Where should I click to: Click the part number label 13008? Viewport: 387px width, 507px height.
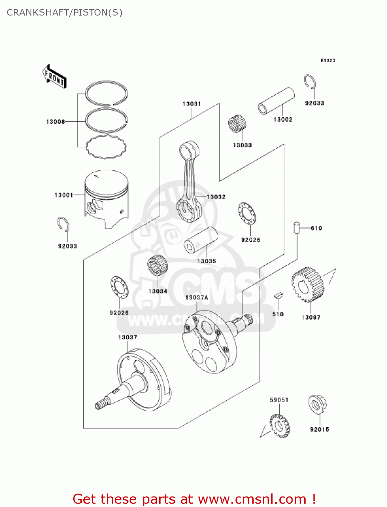[x=55, y=122]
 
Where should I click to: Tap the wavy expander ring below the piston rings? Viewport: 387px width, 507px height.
[x=106, y=147]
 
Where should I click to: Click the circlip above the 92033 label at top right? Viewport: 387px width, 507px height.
[x=310, y=82]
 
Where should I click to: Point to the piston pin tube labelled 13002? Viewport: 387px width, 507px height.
[x=276, y=101]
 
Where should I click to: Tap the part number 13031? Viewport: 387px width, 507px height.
[x=192, y=104]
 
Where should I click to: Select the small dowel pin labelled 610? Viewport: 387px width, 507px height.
[x=296, y=227]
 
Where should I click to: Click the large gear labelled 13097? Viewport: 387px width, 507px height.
[x=308, y=285]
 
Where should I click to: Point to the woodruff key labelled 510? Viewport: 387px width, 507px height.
[x=278, y=296]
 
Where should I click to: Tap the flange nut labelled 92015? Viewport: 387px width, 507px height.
[x=317, y=405]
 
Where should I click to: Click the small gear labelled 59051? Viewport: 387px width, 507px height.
[x=280, y=426]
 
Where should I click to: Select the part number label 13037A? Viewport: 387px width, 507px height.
[x=196, y=297]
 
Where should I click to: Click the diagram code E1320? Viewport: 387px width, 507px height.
[x=328, y=61]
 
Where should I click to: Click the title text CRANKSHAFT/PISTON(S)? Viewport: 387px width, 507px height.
[x=64, y=13]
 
